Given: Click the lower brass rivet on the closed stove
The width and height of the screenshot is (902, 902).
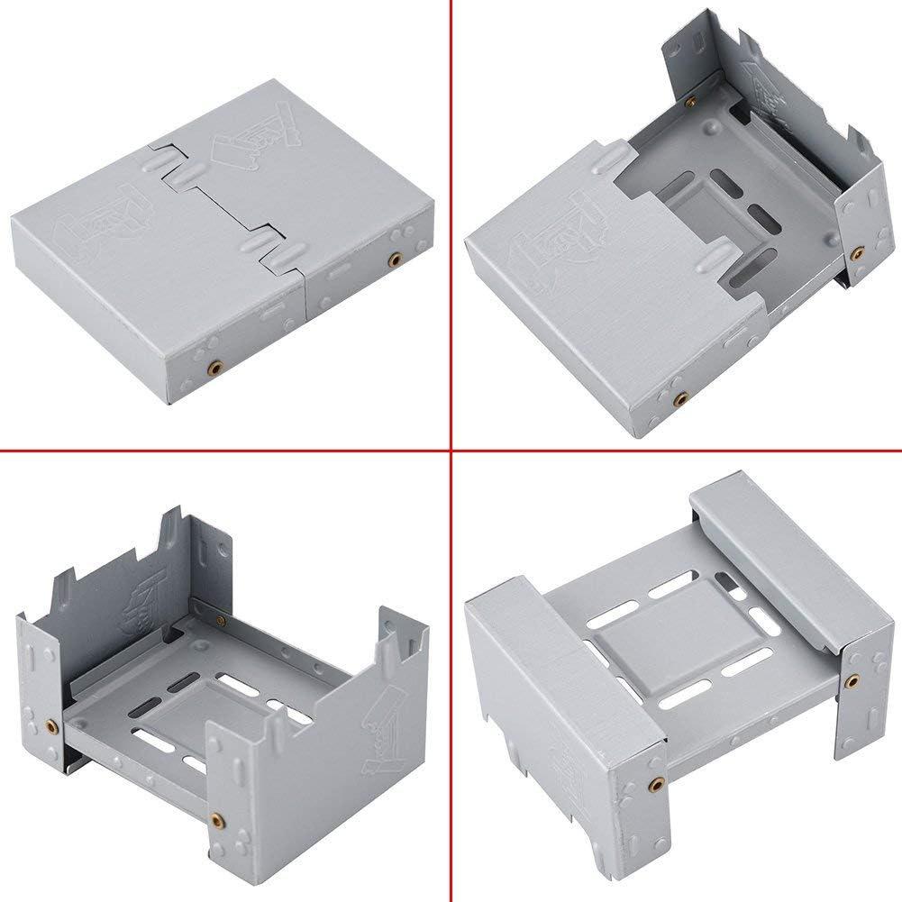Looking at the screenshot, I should (x=214, y=368).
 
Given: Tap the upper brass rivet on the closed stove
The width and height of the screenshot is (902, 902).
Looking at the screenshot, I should (x=394, y=260).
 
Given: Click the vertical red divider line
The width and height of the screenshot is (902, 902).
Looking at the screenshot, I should (x=451, y=225).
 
